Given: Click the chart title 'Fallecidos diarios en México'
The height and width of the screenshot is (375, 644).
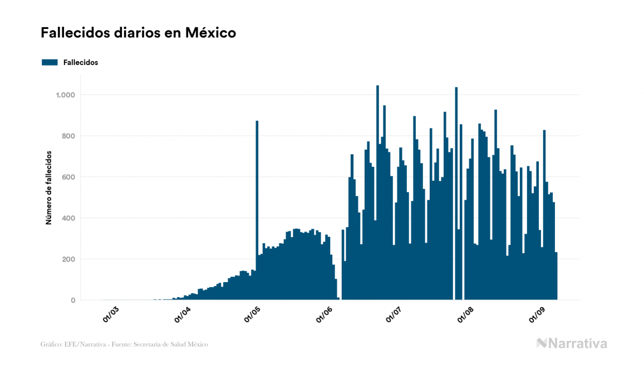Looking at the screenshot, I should (138, 33).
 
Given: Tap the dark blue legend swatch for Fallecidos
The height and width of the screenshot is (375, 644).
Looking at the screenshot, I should (50, 62).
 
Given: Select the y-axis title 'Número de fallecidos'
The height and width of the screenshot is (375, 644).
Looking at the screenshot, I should (48, 187).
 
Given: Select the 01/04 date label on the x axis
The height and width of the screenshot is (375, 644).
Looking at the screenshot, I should (183, 314).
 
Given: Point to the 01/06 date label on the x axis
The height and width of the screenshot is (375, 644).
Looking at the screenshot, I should (325, 314).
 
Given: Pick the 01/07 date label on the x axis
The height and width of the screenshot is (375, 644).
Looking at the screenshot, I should (394, 314).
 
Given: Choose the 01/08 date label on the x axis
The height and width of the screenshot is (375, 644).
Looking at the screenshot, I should (465, 314).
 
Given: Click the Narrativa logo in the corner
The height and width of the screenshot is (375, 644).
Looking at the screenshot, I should (572, 343).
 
